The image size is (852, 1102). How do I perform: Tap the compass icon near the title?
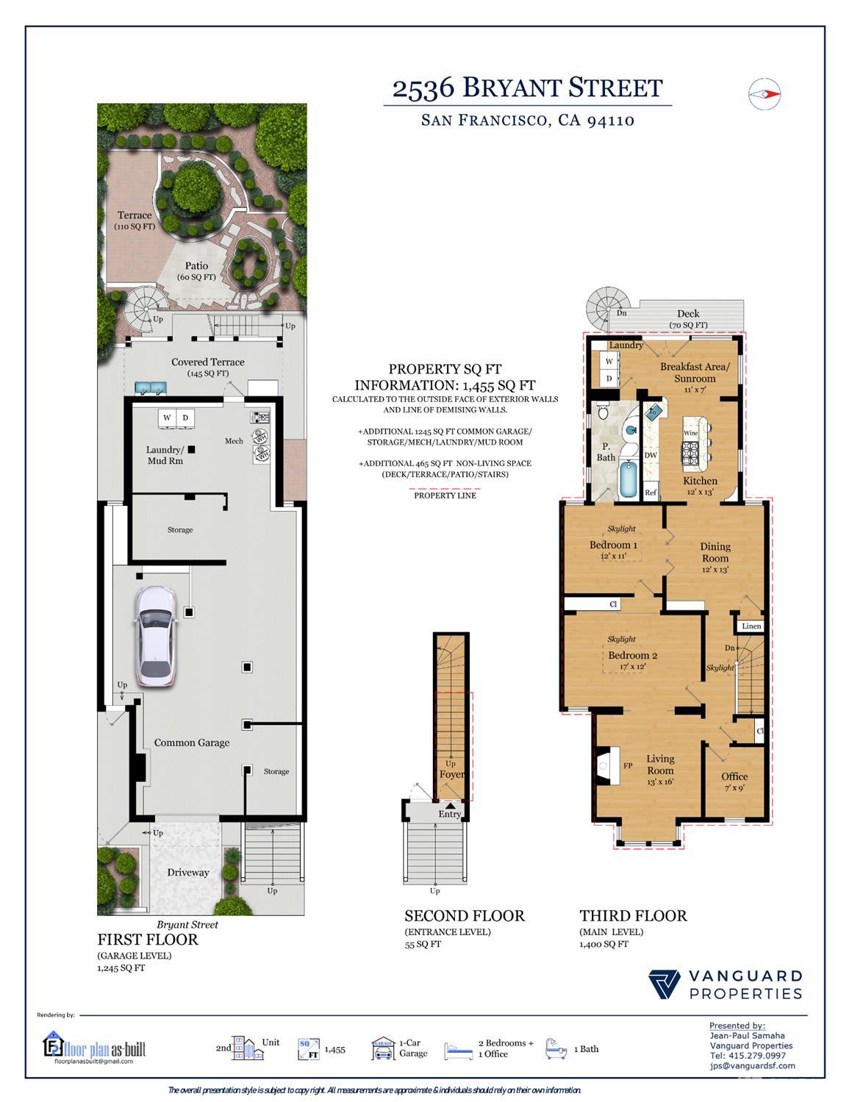point(764,93)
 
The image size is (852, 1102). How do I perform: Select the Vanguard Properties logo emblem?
point(665,985)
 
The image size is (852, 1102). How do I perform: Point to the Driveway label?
point(188,873)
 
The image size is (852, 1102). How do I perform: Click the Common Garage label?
point(192,743)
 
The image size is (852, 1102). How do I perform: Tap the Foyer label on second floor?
point(451,774)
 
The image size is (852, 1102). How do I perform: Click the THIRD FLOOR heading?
point(633,915)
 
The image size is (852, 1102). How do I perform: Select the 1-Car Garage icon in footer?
point(382,1049)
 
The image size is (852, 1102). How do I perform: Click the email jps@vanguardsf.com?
point(752,1065)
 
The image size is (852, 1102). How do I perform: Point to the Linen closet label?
point(751,626)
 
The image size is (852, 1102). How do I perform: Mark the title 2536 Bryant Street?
point(527,88)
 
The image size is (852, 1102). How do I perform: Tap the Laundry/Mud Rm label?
point(165,455)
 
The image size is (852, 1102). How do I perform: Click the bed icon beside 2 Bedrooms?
point(459,1050)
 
